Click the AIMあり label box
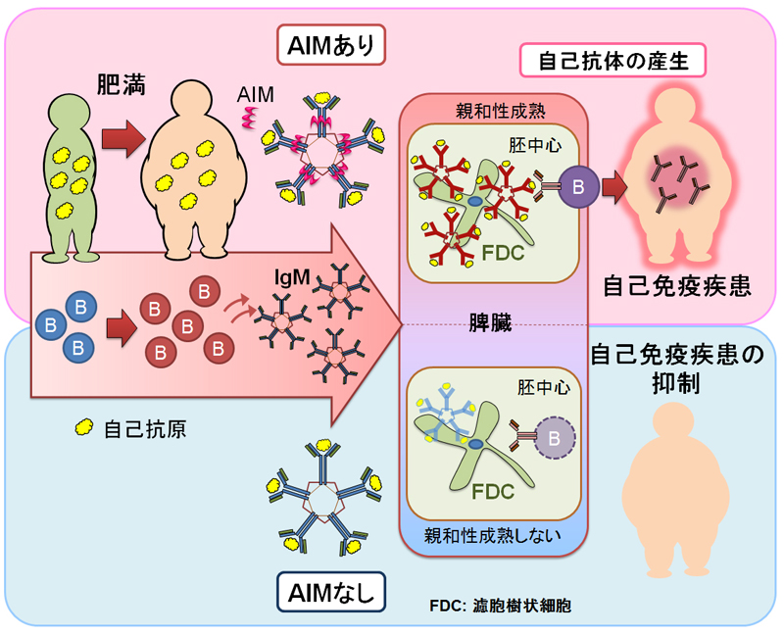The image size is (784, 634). coord(331,45)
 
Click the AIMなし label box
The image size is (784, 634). coord(331,593)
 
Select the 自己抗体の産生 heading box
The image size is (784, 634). coord(613,61)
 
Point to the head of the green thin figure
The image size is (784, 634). coord(69,114)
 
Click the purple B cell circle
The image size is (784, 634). coord(578,187)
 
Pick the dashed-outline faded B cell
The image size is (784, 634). coord(554,438)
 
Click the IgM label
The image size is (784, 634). coord(292,277)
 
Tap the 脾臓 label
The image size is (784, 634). coord(490,322)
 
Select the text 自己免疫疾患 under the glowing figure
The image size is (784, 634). coord(677,286)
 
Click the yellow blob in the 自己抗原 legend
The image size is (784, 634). coord(83,427)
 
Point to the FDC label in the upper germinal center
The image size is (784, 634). coord(503,253)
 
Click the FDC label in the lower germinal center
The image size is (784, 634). coord(493,492)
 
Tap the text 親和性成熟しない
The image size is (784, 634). coord(493,535)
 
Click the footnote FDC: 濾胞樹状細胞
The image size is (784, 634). coord(500,606)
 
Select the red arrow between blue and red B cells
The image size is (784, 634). coord(122,328)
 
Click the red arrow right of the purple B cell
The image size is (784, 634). coord(614,187)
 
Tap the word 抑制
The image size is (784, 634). coord(675,384)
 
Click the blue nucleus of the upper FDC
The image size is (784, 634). coord(474,201)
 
